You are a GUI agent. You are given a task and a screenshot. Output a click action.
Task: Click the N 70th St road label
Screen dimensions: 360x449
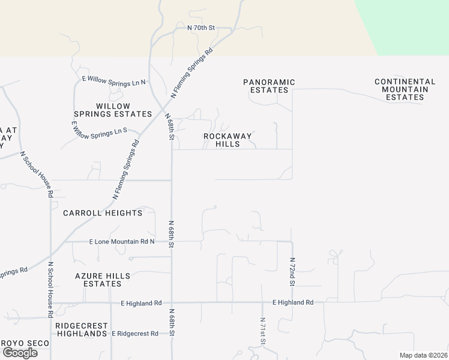200,28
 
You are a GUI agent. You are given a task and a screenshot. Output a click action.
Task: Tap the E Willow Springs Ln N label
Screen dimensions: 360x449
114,81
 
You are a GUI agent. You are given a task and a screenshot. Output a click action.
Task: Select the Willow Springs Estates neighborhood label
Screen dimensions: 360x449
113,110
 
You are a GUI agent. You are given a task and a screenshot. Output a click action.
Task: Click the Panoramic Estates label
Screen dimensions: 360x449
269,86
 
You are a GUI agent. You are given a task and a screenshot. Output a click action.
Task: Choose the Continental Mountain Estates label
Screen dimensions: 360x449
405,89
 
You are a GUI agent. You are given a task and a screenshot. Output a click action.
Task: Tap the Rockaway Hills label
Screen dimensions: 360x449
228,140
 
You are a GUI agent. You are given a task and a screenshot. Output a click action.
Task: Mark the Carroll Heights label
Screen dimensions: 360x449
103,213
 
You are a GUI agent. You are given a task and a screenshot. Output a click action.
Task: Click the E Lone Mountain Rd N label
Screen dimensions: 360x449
122,242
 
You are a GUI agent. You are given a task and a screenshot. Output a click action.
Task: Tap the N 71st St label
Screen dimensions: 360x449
262,331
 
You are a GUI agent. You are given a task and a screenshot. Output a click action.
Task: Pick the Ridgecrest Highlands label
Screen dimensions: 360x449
81,329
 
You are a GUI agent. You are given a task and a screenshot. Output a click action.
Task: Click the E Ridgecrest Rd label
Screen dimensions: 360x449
135,333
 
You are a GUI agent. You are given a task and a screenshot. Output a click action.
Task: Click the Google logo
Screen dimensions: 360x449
20,353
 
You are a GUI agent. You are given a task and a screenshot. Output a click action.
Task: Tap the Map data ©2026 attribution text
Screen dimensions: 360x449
423,355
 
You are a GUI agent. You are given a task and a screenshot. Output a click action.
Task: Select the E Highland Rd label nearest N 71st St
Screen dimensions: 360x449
293,302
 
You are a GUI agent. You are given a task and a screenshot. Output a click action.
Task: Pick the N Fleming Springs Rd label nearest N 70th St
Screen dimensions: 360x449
192,73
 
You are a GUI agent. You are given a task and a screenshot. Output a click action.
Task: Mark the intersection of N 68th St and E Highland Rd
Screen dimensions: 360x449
172,303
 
